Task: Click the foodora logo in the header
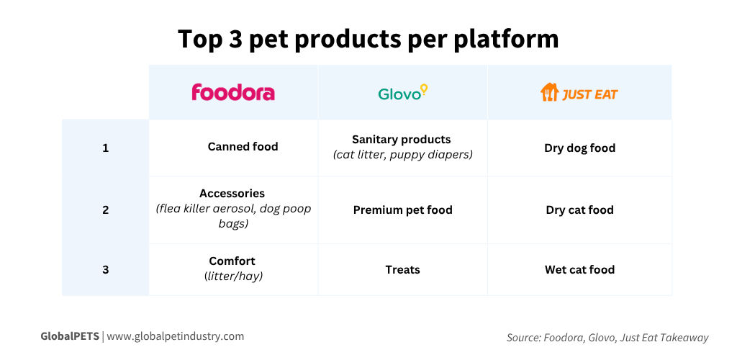click(232, 92)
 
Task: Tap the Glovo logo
click(402, 92)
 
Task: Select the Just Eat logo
click(579, 93)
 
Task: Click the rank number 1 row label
click(105, 148)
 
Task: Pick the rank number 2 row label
click(105, 210)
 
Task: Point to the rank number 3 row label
click(105, 270)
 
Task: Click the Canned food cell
click(243, 147)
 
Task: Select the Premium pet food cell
click(402, 210)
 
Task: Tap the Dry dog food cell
click(579, 148)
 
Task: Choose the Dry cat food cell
click(579, 210)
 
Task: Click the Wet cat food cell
click(579, 270)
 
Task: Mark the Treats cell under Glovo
click(402, 270)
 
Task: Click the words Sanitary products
click(401, 140)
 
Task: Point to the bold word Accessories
click(232, 194)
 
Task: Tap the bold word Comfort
click(232, 261)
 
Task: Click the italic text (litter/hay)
click(233, 276)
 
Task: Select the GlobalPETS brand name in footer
click(69, 336)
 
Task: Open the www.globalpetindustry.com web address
click(175, 336)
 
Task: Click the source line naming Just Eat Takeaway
click(607, 338)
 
